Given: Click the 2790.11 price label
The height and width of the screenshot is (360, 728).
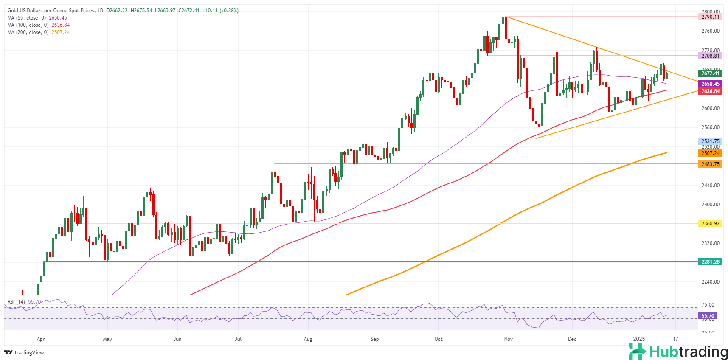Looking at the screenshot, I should click(710, 17).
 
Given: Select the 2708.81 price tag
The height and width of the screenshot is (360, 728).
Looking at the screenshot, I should click(710, 56).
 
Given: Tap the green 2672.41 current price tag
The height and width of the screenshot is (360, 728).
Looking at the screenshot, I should click(710, 73).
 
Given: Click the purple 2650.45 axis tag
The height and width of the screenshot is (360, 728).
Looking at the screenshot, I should click(710, 84).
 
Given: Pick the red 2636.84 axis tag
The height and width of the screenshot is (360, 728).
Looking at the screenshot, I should click(710, 91).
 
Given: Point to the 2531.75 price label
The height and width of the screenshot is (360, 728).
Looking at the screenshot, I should click(710, 141).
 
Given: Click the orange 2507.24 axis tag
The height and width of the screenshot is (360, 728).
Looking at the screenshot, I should click(710, 153).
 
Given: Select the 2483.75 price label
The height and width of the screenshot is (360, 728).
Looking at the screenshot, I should click(710, 164).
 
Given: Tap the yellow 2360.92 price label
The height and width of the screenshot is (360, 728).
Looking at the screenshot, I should click(710, 224).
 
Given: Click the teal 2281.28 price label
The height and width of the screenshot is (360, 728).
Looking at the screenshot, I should click(710, 262).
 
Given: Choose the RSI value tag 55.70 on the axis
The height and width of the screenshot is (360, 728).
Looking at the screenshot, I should click(708, 316).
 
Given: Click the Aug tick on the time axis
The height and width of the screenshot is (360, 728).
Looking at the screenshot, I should click(308, 339).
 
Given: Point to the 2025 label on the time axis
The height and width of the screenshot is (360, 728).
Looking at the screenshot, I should click(639, 339).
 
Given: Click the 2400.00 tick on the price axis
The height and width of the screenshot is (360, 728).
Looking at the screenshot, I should click(710, 205).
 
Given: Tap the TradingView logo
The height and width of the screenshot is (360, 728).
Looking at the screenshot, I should click(24, 353).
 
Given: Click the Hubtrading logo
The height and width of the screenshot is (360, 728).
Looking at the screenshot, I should click(678, 352).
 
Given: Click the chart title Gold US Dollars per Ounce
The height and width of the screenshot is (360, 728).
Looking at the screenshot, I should click(51, 11).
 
